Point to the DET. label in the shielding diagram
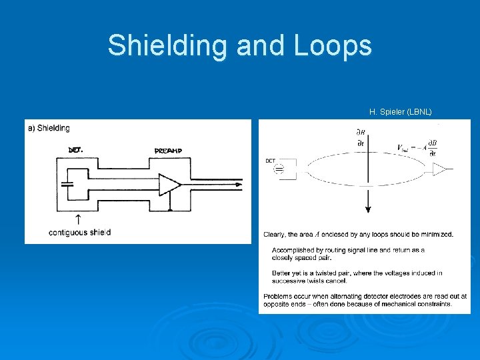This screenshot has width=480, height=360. [x=76, y=150]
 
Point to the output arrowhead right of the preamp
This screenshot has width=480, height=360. [x=237, y=185]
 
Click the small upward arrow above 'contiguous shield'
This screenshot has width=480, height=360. [x=77, y=219]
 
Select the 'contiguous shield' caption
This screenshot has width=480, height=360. [x=80, y=232]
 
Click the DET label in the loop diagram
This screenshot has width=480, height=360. [x=270, y=161]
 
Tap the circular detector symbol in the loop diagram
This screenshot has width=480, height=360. [x=279, y=171]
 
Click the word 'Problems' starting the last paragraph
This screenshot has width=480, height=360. [x=279, y=296]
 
